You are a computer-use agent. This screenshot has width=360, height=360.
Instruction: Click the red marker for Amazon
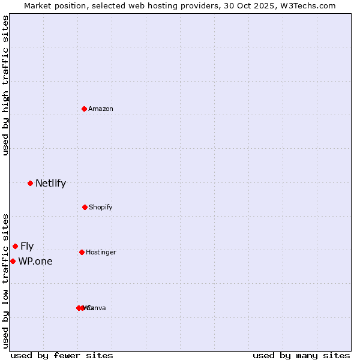[85, 109]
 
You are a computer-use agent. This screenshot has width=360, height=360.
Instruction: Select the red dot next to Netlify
[30, 183]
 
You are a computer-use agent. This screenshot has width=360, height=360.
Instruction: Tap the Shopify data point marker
[85, 207]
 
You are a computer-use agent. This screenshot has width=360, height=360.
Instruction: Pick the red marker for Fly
[15, 246]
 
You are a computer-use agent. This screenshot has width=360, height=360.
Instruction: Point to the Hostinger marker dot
[82, 252]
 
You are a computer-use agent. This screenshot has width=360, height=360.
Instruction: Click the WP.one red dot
[13, 261]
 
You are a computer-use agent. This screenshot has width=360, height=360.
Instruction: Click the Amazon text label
[101, 109]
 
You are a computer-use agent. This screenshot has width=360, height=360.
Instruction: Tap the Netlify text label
[50, 184]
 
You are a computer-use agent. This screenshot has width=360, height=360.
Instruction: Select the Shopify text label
[101, 207]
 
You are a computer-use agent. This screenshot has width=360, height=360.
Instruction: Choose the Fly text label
[27, 246]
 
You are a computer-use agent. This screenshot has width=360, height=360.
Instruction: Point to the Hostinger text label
[101, 252]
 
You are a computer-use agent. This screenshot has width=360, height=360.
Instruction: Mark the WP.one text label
[35, 261]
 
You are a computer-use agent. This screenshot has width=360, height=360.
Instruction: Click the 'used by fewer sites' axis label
[62, 355]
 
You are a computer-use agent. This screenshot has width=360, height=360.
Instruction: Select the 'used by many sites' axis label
[301, 355]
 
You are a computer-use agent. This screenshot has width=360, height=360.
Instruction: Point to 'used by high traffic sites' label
[5, 85]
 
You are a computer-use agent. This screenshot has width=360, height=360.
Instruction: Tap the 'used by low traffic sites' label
[5, 280]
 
